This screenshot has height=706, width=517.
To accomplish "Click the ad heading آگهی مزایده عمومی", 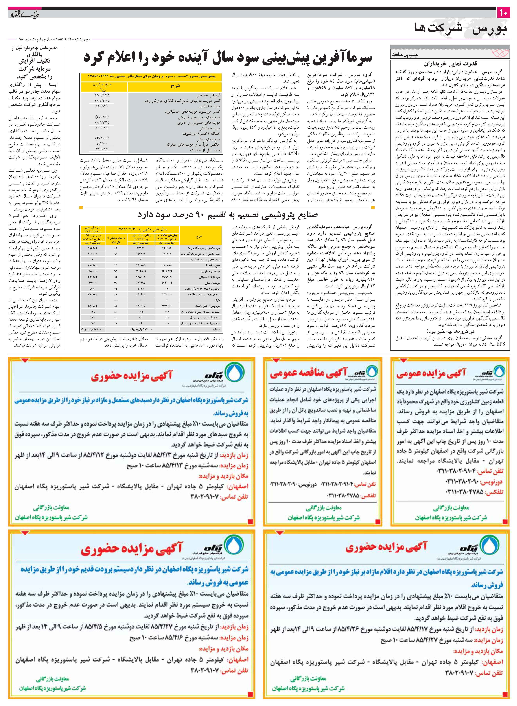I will point(431,373).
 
